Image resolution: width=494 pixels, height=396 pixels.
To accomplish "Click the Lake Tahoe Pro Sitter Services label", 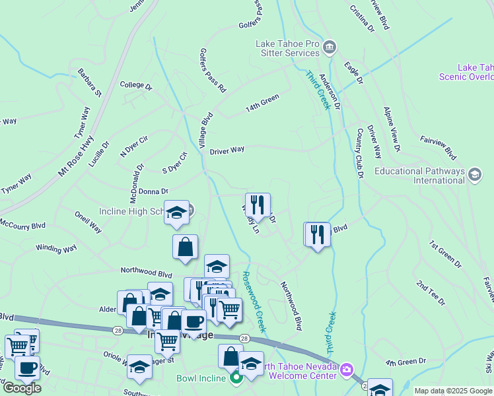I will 288,48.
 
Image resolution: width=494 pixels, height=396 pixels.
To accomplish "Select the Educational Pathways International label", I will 420,176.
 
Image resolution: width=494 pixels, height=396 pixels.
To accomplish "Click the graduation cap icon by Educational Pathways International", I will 474,175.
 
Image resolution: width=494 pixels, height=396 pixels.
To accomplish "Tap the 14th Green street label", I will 262,102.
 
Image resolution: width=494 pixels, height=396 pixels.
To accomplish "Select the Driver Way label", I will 227,150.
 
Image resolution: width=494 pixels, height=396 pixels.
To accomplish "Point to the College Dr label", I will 136,86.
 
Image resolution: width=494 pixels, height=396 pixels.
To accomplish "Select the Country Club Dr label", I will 361,154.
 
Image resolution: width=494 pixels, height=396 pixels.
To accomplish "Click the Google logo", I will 22,388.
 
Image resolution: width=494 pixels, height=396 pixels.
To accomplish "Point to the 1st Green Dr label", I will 445,254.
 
